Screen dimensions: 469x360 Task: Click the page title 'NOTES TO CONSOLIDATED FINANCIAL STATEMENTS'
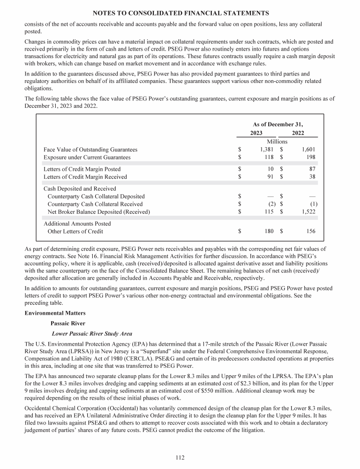pyautogui.click(x=180, y=13)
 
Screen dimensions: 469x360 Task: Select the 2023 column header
pyautogui.click(x=256, y=133)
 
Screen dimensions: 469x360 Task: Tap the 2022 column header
pyautogui.click(x=298, y=133)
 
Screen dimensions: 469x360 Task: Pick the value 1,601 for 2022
pyautogui.click(x=307, y=149)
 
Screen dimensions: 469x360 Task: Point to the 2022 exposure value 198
pyautogui.click(x=310, y=157)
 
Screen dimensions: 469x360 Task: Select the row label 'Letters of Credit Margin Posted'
pyautogui.click(x=82, y=169)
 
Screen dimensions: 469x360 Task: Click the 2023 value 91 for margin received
pyautogui.click(x=270, y=177)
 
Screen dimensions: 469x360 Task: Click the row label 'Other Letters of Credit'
pyautogui.click(x=75, y=231)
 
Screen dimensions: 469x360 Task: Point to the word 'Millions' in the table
pyautogui.click(x=277, y=141)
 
